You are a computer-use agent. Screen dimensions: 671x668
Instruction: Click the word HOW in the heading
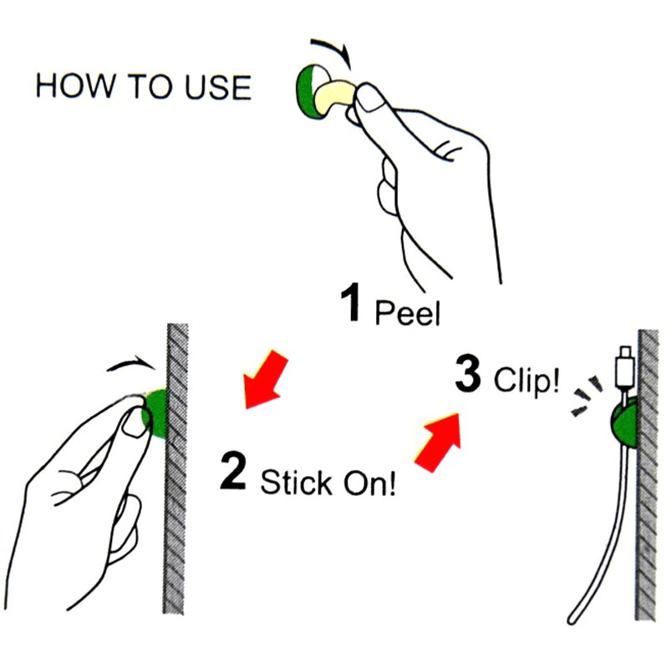coord(75,86)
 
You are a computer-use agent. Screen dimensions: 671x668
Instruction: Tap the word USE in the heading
coord(217,87)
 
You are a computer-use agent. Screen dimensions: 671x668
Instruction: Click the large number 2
coord(234,472)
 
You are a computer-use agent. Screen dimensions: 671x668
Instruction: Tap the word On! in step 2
coord(369,483)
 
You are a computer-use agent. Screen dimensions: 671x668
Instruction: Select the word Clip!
coord(526,379)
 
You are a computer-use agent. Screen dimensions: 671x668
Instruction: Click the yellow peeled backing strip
coord(335,97)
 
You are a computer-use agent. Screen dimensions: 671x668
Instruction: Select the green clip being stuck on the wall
coord(157,413)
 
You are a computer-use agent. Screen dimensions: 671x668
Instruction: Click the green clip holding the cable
coord(624,423)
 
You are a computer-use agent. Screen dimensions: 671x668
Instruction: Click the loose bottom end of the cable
coord(572,619)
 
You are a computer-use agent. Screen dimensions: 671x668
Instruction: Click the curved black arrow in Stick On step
coord(131,362)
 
